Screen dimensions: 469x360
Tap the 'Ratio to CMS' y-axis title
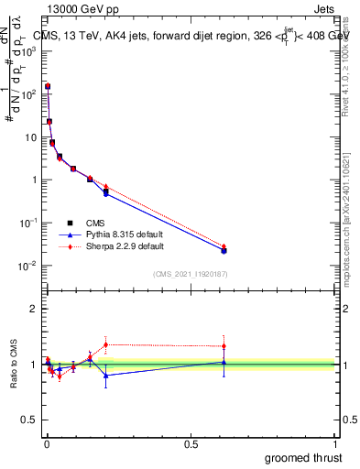14,365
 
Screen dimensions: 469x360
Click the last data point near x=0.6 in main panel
224,250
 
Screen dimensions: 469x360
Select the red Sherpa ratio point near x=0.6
224,346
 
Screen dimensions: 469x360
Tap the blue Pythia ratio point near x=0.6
224,362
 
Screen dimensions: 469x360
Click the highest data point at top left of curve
48,86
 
